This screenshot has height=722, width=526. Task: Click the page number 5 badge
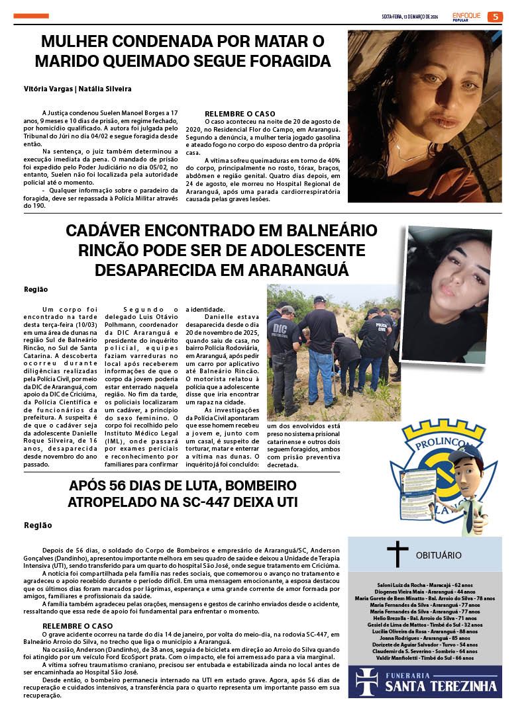pyautogui.click(x=495, y=17)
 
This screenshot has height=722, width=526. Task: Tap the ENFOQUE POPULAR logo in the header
pyautogui.click(x=466, y=17)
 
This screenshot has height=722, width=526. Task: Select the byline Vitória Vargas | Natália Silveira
pyautogui.click(x=78, y=89)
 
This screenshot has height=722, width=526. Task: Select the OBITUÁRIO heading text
pyautogui.click(x=439, y=555)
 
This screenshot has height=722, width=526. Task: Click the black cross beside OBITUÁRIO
pyautogui.click(x=397, y=555)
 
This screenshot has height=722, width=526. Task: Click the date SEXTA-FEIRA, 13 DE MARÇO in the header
pyautogui.click(x=409, y=17)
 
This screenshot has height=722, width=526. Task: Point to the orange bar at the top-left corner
pyautogui.click(x=31, y=16)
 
